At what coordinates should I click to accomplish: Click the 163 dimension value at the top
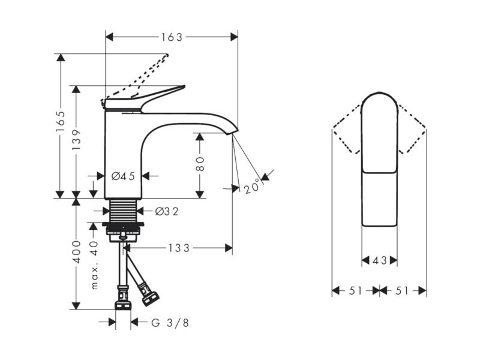point(172,37)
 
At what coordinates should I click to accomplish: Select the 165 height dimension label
point(61,122)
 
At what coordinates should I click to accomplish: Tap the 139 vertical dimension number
point(76,140)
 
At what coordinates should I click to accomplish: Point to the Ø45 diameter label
point(123,176)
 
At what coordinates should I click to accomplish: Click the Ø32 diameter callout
point(167,211)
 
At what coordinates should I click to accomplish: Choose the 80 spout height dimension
point(200,164)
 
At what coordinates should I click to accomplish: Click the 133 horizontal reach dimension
point(179,248)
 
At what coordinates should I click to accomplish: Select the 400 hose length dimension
point(76,251)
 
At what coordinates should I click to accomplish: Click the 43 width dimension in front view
point(380,261)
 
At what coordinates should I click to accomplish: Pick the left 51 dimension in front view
point(356,290)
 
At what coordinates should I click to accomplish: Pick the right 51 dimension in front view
point(402,290)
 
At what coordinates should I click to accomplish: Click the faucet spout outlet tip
point(232,132)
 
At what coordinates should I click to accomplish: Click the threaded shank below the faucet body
point(123,211)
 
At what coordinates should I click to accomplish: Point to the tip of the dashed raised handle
point(167,55)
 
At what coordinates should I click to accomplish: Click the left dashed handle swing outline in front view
point(347,128)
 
